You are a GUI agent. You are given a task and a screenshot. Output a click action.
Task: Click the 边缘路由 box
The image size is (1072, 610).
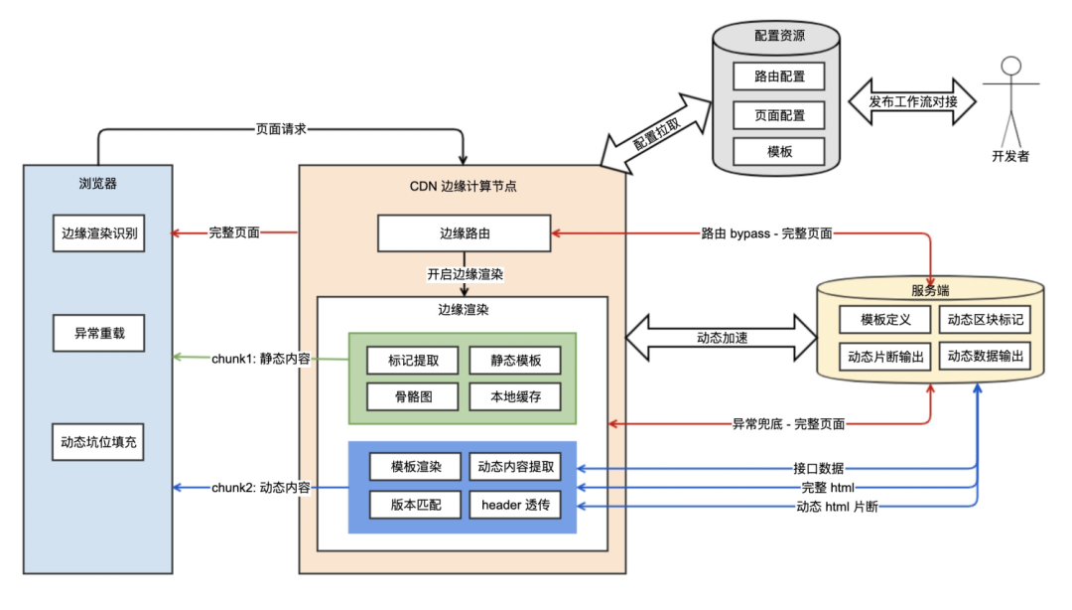(x=465, y=234)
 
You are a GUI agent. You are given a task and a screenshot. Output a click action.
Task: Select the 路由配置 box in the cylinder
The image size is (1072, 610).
(x=779, y=76)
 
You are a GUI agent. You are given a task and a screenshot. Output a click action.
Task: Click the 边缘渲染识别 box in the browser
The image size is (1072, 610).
(x=99, y=234)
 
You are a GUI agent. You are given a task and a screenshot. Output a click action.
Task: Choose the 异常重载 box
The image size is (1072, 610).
(x=99, y=334)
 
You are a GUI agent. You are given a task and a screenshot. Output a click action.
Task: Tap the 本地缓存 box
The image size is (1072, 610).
(x=514, y=396)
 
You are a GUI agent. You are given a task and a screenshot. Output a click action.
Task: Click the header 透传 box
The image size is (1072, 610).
(x=514, y=504)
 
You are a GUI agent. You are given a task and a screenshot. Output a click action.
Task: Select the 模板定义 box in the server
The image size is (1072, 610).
(x=884, y=320)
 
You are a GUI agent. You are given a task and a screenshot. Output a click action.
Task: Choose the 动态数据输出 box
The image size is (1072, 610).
(x=985, y=356)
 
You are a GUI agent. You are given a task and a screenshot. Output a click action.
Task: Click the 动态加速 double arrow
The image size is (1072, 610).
(x=722, y=338)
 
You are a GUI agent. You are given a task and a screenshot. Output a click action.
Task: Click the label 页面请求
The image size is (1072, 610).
(x=282, y=128)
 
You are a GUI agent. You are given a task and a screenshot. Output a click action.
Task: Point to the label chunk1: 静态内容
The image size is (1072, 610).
(x=261, y=358)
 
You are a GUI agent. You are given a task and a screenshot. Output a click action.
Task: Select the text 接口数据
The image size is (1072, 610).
(x=819, y=467)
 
